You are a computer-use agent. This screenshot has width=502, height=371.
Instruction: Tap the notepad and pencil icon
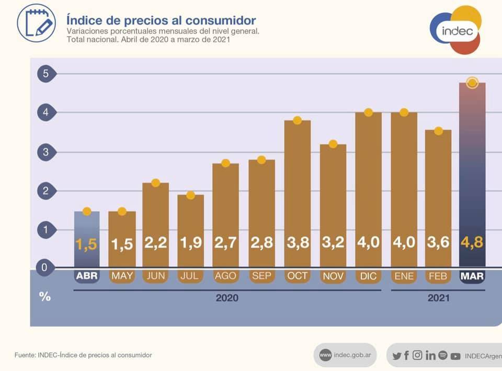36,23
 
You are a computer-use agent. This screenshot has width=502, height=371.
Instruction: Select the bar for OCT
297,193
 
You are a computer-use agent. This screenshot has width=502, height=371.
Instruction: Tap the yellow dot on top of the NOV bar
333,144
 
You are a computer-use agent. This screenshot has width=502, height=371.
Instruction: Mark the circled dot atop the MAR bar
472,83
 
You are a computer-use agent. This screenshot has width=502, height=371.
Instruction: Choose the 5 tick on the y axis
45,74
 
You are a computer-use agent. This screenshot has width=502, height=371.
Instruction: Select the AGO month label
225,276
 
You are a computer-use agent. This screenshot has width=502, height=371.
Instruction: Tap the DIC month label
368,276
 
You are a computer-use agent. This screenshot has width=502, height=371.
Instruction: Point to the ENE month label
404,276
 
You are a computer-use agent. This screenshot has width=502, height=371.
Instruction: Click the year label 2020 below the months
227,298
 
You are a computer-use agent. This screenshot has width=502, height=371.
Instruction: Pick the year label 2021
438,298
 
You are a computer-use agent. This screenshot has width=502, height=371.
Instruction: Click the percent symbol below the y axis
45,296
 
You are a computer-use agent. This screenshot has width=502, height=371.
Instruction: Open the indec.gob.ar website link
345,355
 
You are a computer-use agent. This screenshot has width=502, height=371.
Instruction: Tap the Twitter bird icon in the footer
397,356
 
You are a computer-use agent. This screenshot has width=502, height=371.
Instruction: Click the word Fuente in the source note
25,355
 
